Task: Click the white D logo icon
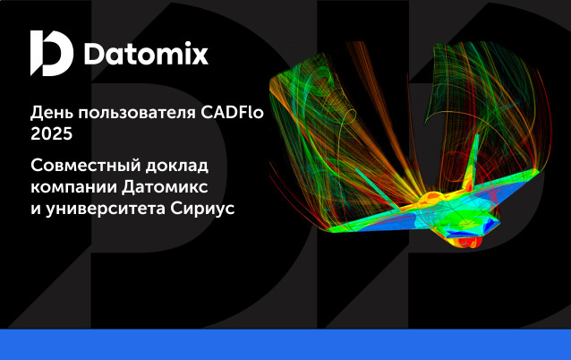[x=52, y=53]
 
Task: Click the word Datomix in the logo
[x=146, y=55]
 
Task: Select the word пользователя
[x=137, y=114]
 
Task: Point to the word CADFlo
[x=232, y=112]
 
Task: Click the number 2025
[x=51, y=133]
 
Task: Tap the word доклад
[x=177, y=167]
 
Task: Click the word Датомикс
[x=165, y=187]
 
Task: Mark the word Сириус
[x=202, y=209]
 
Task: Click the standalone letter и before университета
[x=36, y=209]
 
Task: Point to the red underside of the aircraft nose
[x=470, y=241]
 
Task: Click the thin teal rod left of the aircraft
[x=378, y=190]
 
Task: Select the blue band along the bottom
[x=285, y=345]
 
